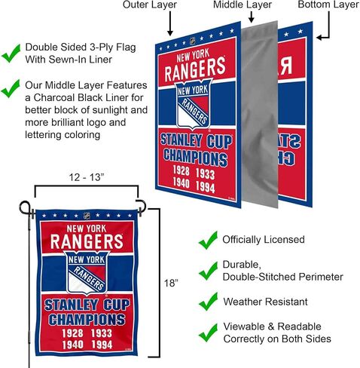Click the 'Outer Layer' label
[150, 5]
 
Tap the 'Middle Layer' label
[243, 5]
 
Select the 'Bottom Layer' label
[328, 5]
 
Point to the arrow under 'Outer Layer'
[170, 23]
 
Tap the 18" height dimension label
[171, 284]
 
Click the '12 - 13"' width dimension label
[87, 177]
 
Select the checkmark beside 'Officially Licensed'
[208, 241]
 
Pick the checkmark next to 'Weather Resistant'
[208, 302]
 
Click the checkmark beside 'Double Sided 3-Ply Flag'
[11, 54]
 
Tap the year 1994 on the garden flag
[102, 345]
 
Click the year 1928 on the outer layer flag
[181, 171]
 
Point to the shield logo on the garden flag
[87, 272]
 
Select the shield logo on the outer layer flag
[193, 103]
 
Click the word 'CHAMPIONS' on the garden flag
[87, 319]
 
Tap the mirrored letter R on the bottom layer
[285, 66]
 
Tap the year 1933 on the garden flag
[101, 333]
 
